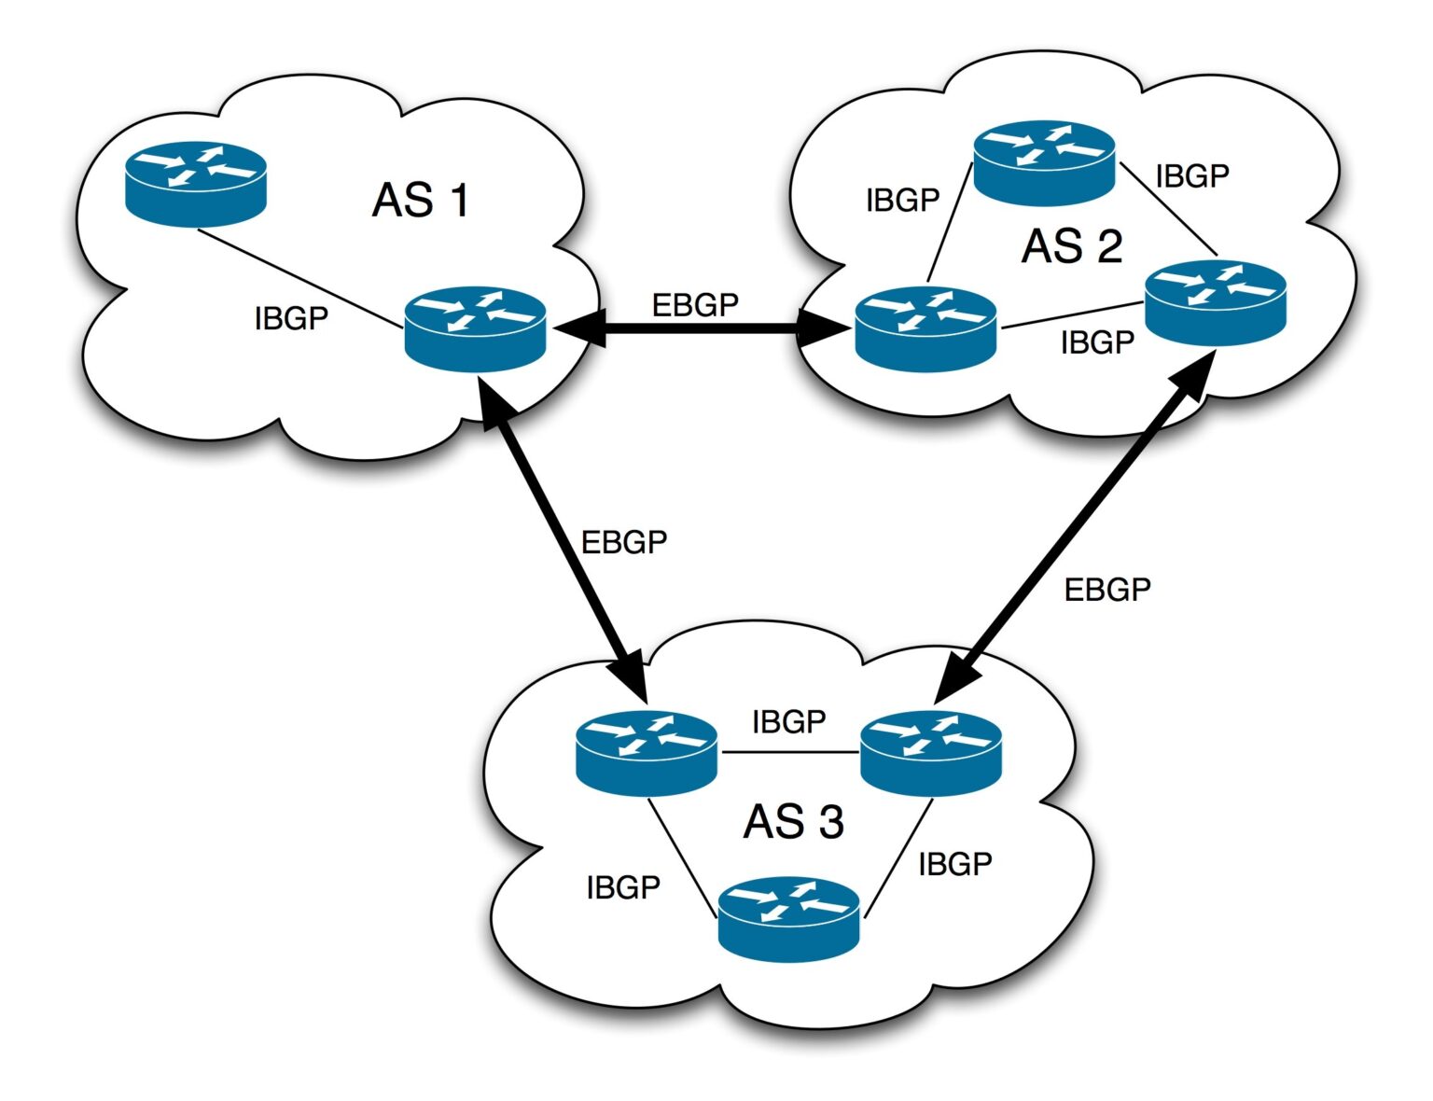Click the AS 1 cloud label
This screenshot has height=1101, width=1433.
pyautogui.click(x=421, y=201)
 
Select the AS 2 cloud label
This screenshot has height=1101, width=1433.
pyautogui.click(x=1072, y=246)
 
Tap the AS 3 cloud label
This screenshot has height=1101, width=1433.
pyautogui.click(x=793, y=822)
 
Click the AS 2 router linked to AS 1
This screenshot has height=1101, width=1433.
pyautogui.click(x=925, y=329)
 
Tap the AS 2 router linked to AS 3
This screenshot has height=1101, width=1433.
pyautogui.click(x=1215, y=302)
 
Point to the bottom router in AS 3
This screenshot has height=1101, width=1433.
pyautogui.click(x=788, y=918)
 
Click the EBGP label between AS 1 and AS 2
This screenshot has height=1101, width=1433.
pyautogui.click(x=695, y=305)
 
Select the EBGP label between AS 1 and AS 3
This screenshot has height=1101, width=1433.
pyautogui.click(x=624, y=542)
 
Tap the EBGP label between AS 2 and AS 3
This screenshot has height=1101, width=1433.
pyautogui.click(x=1107, y=590)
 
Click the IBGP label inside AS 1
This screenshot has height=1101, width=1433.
pyautogui.click(x=291, y=318)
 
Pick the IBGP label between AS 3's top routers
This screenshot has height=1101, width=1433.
pyautogui.click(x=788, y=721)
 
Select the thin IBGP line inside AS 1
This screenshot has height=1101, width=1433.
pyautogui.click(x=299, y=278)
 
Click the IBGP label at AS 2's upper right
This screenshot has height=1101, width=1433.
pyautogui.click(x=1191, y=175)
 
